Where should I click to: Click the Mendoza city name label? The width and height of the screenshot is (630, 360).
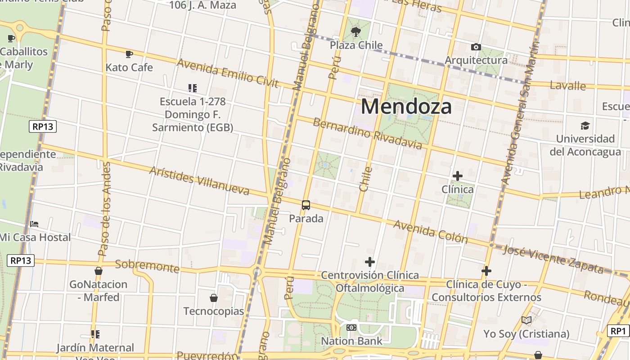point(406,107)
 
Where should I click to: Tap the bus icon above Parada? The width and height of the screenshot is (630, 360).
point(306,205)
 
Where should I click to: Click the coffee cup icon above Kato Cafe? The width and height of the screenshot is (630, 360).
point(129,54)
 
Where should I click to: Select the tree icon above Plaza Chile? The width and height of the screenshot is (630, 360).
point(356,31)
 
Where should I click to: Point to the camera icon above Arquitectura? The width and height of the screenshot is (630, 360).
point(476,47)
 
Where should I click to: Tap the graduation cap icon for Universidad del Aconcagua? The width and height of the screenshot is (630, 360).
point(585,126)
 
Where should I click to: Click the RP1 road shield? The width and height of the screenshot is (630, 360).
point(618,331)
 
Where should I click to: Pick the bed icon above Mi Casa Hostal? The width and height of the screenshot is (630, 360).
point(34,224)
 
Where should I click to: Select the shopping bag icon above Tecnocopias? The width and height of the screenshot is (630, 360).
point(214,298)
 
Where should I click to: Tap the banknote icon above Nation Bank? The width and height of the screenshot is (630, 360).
point(351,328)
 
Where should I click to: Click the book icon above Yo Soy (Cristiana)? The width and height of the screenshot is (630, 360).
point(526,320)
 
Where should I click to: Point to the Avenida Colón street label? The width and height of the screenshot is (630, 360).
point(431,231)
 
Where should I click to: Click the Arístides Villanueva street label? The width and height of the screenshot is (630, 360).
point(199,181)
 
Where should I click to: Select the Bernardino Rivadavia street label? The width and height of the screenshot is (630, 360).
point(367,133)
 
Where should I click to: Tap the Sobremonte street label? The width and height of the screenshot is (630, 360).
point(147,266)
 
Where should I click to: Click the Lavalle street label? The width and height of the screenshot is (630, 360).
point(567,85)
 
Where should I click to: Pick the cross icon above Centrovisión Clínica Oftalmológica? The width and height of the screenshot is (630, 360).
point(370,262)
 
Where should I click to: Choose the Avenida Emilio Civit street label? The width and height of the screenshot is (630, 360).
point(228,73)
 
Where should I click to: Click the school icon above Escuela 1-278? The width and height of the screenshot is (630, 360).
point(193,88)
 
